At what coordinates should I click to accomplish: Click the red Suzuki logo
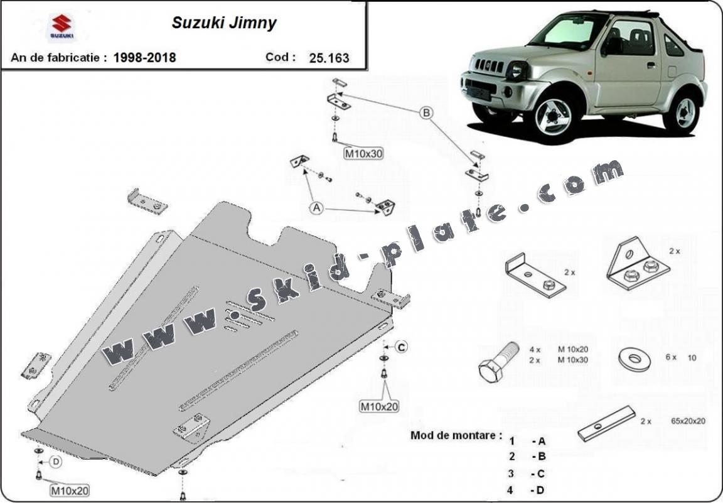(x=62, y=27)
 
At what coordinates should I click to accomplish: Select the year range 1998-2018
(x=144, y=58)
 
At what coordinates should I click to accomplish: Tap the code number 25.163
(x=329, y=58)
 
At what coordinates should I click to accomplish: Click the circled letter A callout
(x=318, y=208)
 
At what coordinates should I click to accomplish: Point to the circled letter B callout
(x=426, y=113)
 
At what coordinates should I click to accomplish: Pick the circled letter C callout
(x=402, y=346)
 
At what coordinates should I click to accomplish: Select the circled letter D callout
(x=56, y=463)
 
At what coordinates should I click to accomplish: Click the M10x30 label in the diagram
(x=363, y=153)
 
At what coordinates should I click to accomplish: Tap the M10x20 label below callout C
(x=378, y=406)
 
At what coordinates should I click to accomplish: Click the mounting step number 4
(x=511, y=490)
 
